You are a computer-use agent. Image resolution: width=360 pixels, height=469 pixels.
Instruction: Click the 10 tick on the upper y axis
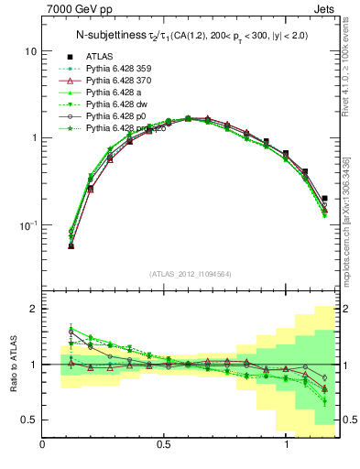(29, 51)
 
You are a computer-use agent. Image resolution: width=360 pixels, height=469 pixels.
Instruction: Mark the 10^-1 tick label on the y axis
(27, 224)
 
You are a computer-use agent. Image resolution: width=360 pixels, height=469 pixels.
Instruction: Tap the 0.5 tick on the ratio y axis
(29, 420)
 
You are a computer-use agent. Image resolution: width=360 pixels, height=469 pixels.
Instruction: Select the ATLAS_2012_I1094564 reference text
(191, 273)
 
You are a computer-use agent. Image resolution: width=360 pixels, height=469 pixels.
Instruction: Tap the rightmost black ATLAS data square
(324, 198)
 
